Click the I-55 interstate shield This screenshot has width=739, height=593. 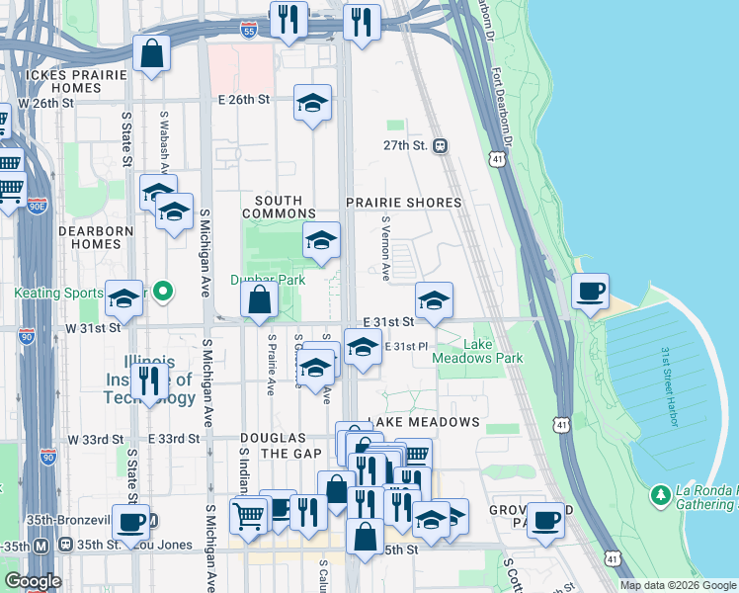(251, 32)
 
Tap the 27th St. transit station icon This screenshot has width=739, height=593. (440, 145)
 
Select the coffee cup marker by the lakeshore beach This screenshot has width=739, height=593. (590, 292)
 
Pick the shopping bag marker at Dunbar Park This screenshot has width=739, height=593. (259, 299)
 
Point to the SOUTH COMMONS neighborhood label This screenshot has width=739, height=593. (279, 207)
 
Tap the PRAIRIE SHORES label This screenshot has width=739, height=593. (404, 202)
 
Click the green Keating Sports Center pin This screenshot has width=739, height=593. (165, 291)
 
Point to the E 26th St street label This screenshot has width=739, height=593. (243, 99)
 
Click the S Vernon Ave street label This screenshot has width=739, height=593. (385, 248)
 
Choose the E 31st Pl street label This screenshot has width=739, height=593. (403, 346)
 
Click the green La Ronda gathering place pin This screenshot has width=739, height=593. (660, 492)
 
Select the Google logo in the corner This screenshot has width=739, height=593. (32, 581)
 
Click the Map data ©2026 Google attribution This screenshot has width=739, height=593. (678, 585)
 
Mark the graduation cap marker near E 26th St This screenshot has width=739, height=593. (312, 103)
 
